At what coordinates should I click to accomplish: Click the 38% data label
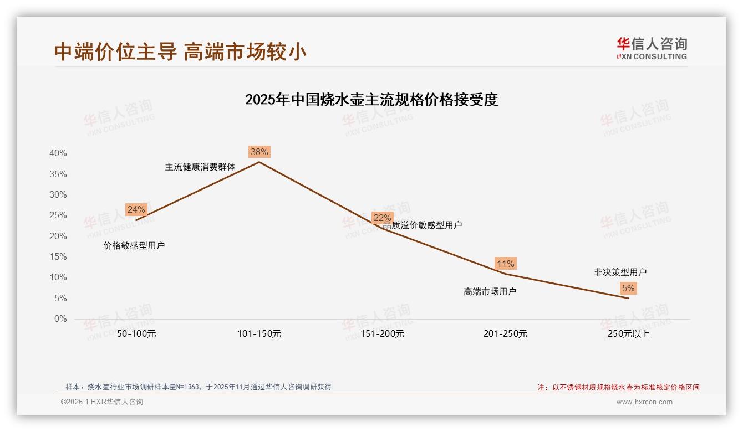[259, 152]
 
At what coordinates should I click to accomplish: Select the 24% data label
[136, 209]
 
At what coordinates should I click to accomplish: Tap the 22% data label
[382, 218]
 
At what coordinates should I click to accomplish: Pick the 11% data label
[506, 264]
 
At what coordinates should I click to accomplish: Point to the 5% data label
[628, 288]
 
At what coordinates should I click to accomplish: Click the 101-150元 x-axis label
[259, 334]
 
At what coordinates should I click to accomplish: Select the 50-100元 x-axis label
[136, 334]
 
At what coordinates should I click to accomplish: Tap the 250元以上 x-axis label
[629, 334]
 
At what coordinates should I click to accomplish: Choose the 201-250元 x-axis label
[506, 334]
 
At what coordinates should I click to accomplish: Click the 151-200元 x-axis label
[383, 334]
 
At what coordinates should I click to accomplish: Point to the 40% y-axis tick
[58, 153]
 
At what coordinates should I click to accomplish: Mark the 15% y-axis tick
[58, 257]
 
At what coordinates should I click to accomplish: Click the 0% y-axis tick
[60, 319]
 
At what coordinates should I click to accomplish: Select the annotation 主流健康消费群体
[200, 167]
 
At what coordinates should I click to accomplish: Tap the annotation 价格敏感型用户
[134, 245]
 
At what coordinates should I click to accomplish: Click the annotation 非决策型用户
[620, 272]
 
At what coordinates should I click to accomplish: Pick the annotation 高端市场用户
[490, 291]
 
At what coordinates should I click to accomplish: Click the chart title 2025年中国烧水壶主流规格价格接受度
[371, 100]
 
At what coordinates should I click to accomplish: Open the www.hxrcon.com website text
[644, 402]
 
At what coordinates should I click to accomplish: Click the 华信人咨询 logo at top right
[652, 48]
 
